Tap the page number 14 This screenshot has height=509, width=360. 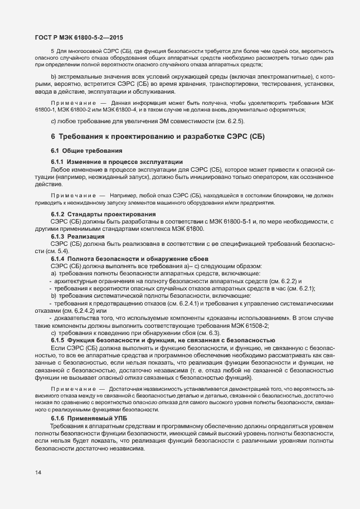click(38, 473)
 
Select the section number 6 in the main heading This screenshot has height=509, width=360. click(53, 136)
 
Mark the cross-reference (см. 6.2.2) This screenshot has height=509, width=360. click(284, 280)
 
